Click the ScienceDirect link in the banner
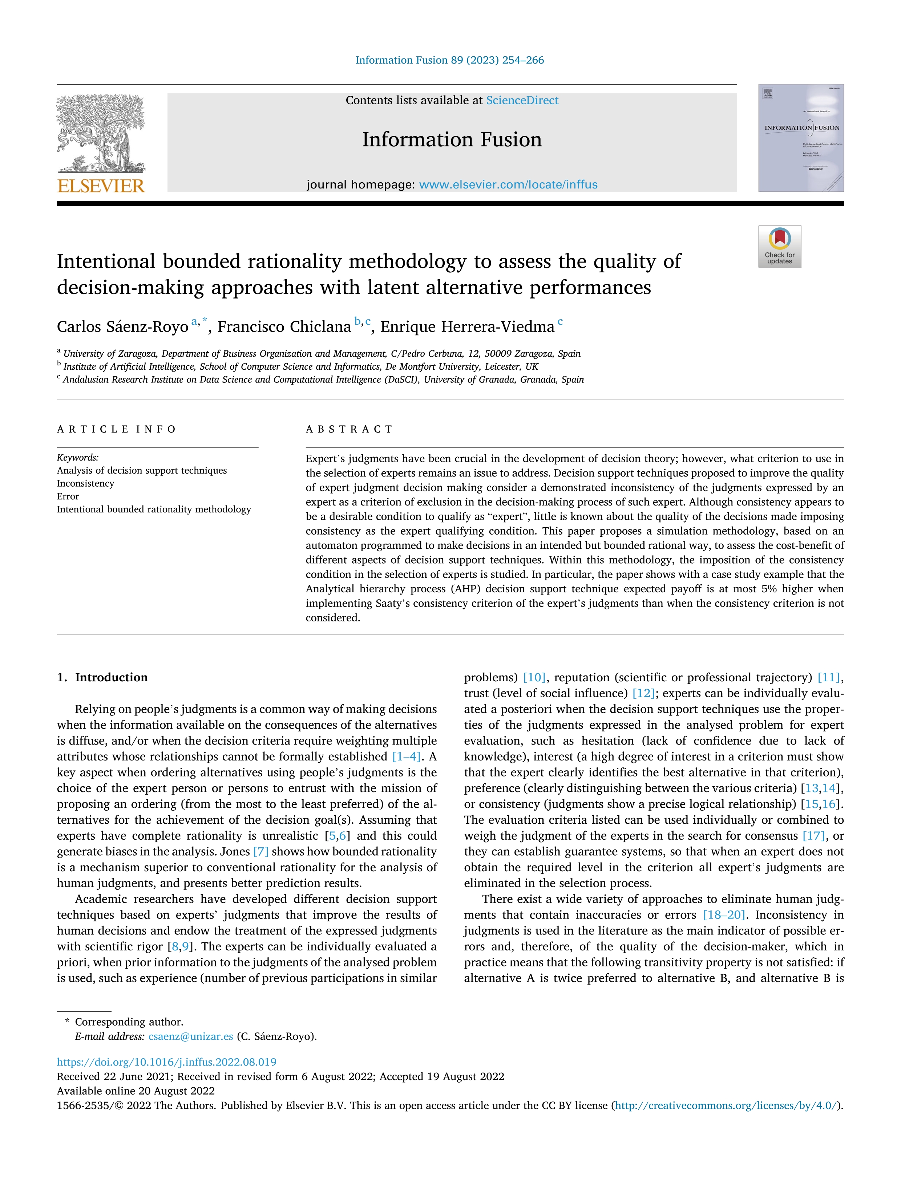pos(522,101)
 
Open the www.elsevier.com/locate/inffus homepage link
pos(508,184)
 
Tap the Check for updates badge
pos(779,247)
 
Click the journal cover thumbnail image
pos(801,138)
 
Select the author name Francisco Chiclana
pos(284,327)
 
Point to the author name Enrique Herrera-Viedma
pos(467,327)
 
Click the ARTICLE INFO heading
pos(116,430)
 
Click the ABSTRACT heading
pos(349,430)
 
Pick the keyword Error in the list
pos(68,496)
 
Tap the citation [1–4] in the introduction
pos(406,756)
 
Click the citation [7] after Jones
pos(261,851)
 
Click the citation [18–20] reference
pos(724,915)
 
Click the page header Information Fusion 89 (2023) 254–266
pos(450,60)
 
